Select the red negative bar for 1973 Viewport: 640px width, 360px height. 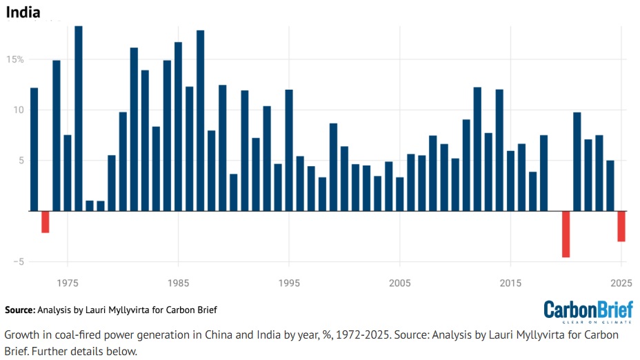tap(45, 222)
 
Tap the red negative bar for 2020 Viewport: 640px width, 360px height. tap(566, 234)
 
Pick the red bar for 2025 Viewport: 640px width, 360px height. tap(621, 226)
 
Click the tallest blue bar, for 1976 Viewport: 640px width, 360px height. tap(79, 118)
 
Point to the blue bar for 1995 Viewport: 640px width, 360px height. tap(289, 150)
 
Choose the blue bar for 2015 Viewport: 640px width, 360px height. tap(510, 181)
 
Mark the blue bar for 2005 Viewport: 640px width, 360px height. tap(400, 194)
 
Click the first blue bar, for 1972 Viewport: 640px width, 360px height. tap(34, 149)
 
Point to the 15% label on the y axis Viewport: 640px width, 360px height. tap(15, 59)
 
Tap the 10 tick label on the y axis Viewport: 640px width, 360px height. tap(18, 110)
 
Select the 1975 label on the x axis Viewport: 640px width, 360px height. tap(67, 283)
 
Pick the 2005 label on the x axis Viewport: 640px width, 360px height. tap(400, 283)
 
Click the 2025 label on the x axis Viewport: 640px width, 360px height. tap(621, 283)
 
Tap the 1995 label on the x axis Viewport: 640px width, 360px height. tap(289, 283)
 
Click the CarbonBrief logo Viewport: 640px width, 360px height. tap(587, 310)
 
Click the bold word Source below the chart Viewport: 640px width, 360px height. tap(19, 310)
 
